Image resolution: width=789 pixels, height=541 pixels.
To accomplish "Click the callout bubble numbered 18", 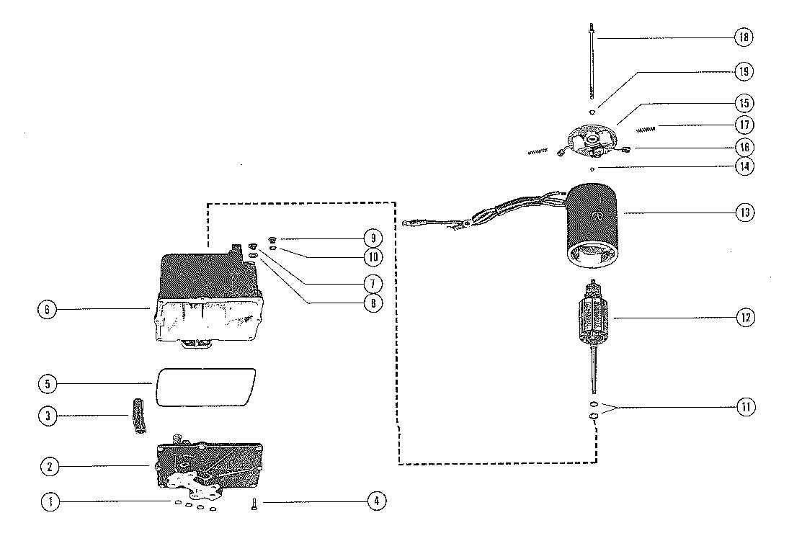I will (x=744, y=37).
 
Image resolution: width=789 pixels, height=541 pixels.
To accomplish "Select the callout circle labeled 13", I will (x=744, y=213).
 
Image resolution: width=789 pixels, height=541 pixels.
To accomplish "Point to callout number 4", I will (x=376, y=502).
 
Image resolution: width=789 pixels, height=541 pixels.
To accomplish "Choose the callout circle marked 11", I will (x=744, y=407).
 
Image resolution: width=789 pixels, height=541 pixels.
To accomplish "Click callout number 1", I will (x=49, y=502).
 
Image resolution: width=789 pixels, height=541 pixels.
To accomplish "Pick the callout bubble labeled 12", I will (x=744, y=316).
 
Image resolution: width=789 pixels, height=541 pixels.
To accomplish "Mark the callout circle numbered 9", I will (x=373, y=237).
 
